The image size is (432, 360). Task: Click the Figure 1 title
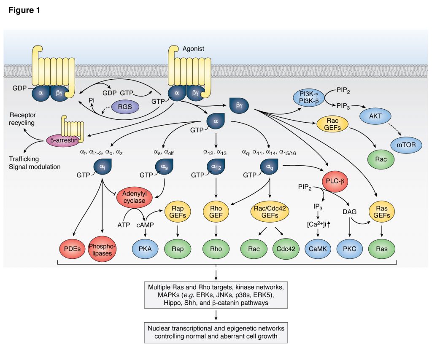(24, 11)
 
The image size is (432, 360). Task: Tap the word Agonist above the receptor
(193, 49)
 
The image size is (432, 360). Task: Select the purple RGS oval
(125, 107)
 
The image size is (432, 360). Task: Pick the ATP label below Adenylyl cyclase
(123, 225)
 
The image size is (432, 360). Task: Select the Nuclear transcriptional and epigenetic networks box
(216, 332)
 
